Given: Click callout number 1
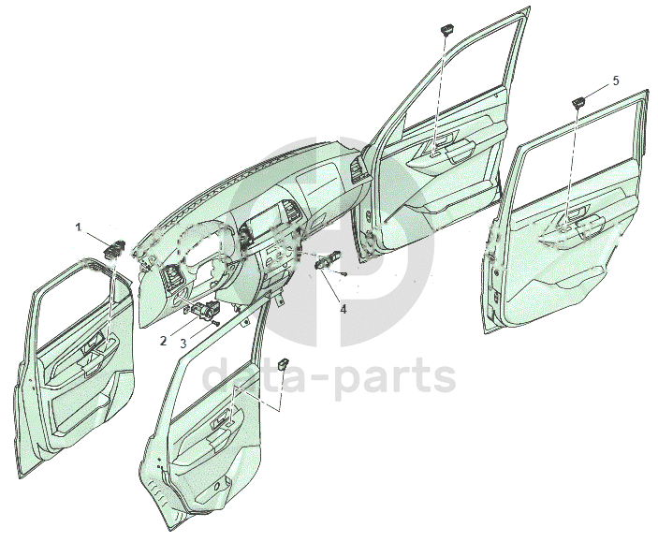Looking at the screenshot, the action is click(80, 227).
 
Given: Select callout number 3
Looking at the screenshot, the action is click(183, 344).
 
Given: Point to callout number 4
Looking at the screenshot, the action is click(344, 308).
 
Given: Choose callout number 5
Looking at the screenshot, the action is click(615, 81).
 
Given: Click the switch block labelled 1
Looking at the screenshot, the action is click(115, 248).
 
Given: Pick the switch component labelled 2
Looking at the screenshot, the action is click(204, 310).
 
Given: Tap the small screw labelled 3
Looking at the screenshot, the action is click(216, 323).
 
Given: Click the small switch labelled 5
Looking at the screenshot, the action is click(579, 100).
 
